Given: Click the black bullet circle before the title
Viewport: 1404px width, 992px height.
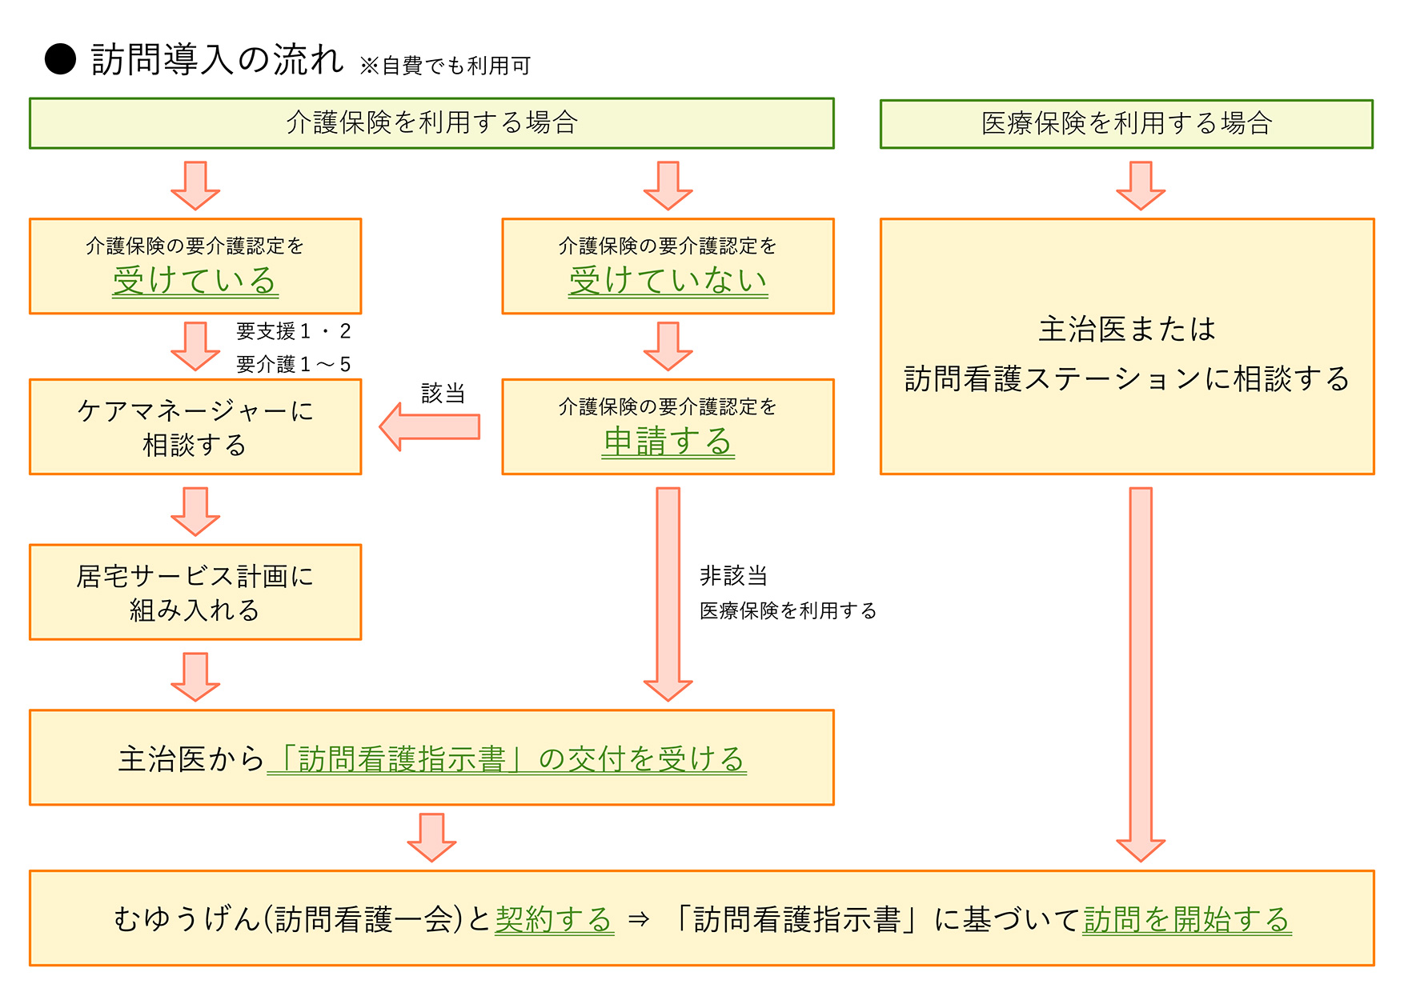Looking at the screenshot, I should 60,59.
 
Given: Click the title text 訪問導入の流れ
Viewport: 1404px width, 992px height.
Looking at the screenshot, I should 217,60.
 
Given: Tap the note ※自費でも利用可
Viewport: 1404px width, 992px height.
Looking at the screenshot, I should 445,66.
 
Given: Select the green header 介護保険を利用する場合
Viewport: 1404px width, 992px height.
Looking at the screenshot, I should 431,123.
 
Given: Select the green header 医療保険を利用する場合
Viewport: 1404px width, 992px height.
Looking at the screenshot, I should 1126,124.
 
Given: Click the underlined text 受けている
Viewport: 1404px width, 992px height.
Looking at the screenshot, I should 195,281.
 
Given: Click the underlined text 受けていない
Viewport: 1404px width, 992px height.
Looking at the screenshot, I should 668,281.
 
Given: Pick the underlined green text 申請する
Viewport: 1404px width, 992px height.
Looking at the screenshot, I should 668,442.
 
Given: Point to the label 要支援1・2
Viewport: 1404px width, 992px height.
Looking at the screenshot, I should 293,331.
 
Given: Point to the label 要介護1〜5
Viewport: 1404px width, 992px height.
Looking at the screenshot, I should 293,365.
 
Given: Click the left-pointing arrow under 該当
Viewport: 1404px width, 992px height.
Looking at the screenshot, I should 430,427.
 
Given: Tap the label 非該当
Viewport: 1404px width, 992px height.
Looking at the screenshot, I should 733,576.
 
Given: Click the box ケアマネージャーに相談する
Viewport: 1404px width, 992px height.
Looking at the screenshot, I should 195,427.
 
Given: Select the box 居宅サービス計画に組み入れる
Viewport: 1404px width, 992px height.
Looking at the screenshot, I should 195,593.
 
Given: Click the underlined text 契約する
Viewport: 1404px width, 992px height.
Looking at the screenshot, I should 554,919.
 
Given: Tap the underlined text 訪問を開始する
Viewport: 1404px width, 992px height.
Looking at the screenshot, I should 1186,919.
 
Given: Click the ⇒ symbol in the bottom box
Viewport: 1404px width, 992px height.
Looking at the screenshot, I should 638,919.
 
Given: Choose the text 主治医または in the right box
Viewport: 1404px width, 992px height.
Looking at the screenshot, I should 1126,329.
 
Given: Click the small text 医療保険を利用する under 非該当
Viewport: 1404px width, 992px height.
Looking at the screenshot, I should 788,611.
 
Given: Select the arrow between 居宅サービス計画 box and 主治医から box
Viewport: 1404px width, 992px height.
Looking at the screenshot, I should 195,676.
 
